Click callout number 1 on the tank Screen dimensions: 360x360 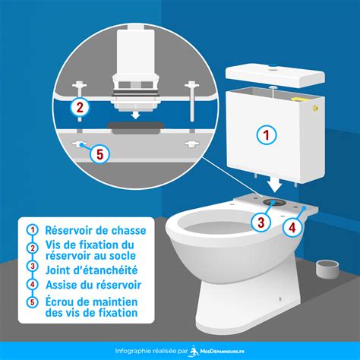point(266,134)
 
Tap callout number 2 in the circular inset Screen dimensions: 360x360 point(80,108)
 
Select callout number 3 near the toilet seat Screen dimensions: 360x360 point(261,223)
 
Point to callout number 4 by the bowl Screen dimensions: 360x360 point(292,228)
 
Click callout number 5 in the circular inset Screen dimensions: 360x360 point(100,153)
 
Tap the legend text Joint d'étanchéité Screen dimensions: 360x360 point(92,270)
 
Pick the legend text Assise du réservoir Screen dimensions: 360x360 point(93,285)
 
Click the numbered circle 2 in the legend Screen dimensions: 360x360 point(33,248)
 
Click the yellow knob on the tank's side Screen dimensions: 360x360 point(315,108)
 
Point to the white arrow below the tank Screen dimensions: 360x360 point(275,185)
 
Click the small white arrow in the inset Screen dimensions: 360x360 point(136,115)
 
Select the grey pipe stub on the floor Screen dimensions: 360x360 point(327,269)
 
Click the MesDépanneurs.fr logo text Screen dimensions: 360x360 point(222,352)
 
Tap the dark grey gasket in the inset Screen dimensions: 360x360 point(135,128)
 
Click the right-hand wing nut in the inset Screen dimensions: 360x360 point(191,144)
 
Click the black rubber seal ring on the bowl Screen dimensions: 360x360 point(273,202)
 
